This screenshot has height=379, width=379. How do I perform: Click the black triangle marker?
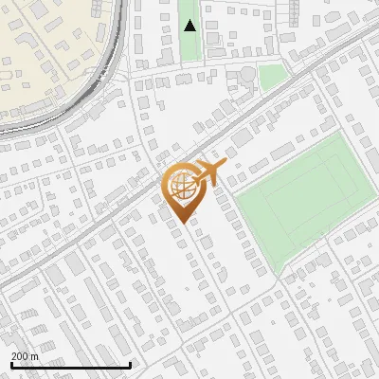[x=190, y=26]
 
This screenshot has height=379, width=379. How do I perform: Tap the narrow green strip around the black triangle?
[x=190, y=47]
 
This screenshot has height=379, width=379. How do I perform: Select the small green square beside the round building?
[x=273, y=76]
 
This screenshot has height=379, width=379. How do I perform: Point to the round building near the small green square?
[x=246, y=75]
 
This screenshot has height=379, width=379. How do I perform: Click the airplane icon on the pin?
[x=208, y=172]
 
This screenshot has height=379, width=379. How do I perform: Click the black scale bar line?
[x=70, y=364]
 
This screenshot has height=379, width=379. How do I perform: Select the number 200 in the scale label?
[x=21, y=355]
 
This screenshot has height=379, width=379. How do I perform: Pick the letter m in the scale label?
[x=35, y=355]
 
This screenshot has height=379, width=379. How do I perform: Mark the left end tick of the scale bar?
[x=10, y=361]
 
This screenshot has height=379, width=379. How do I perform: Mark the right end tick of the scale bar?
[x=130, y=361]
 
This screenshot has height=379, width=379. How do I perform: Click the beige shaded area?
[x=47, y=57]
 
